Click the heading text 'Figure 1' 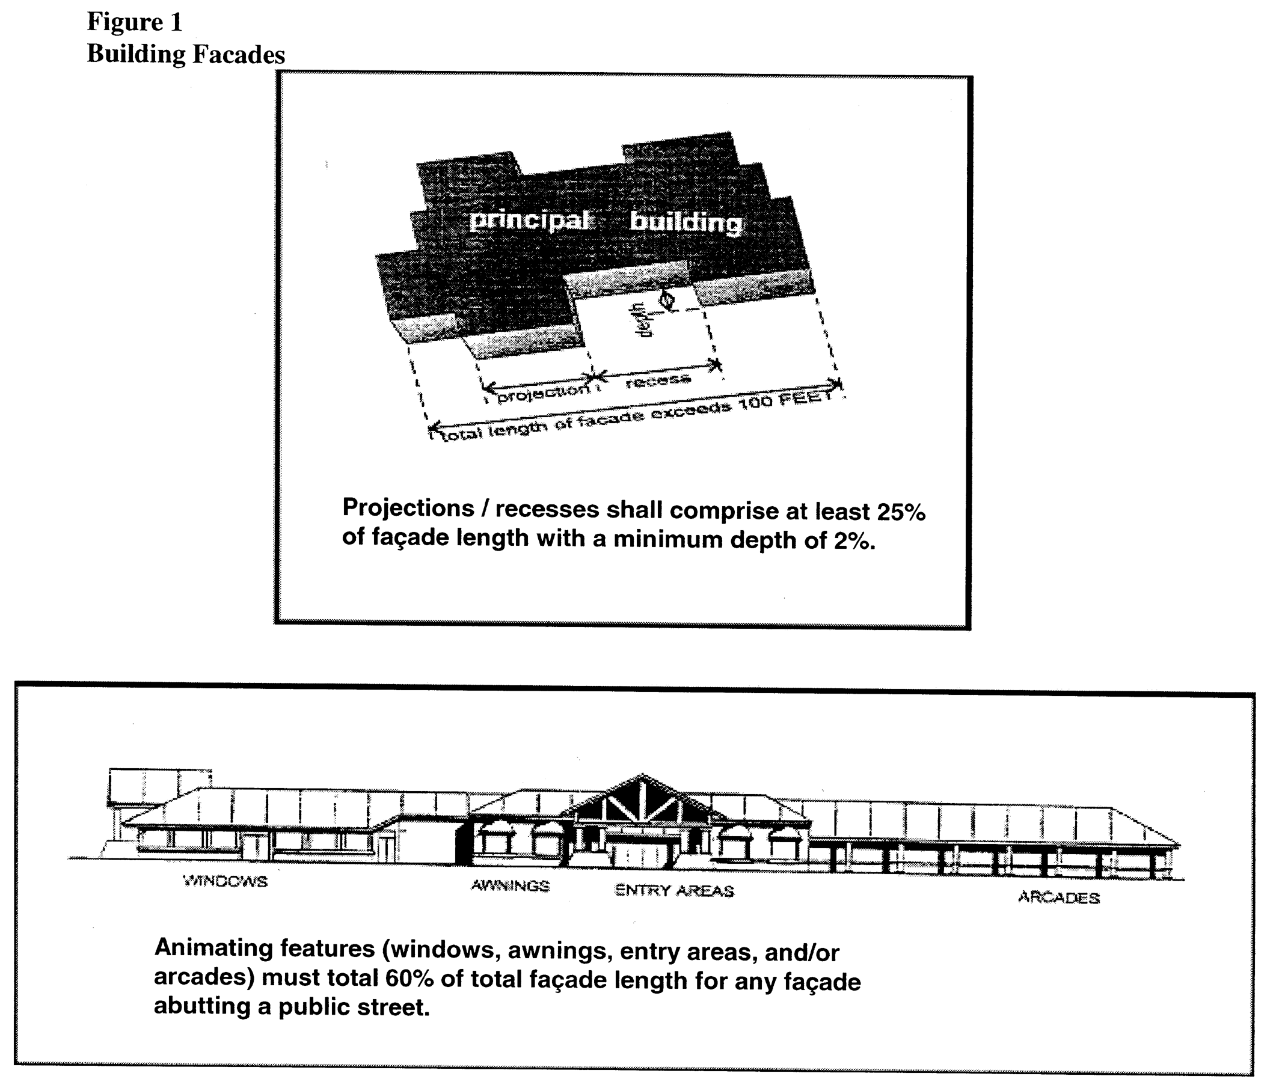pos(134,22)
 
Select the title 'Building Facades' pos(186,54)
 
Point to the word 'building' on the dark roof pos(686,221)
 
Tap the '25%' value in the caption pos(901,513)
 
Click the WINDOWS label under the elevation pos(225,881)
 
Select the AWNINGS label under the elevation pos(511,885)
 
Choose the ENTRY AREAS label pos(674,891)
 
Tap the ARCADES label pos(1058,898)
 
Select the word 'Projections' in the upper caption pos(408,508)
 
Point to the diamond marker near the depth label pos(666,300)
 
